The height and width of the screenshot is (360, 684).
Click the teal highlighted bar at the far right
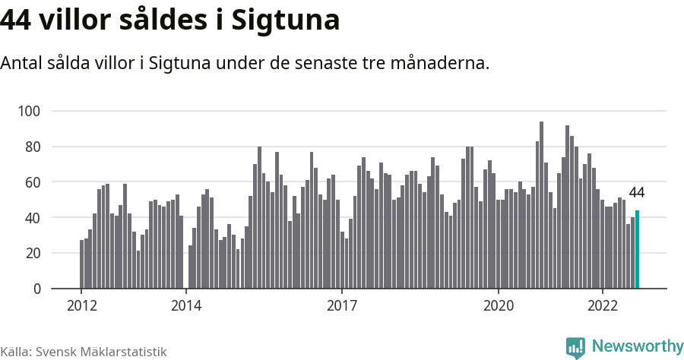point(637,249)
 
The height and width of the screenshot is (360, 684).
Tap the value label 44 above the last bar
point(636,192)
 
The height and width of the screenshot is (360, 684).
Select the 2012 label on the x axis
point(81,306)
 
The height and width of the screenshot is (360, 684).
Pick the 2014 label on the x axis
point(186,306)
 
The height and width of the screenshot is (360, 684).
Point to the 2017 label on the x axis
point(342,306)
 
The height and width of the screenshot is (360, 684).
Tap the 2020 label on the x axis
point(499,306)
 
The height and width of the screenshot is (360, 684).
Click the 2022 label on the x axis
point(603,306)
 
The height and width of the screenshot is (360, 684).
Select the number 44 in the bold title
point(17,21)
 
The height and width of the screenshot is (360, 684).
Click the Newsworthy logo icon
point(575,347)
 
